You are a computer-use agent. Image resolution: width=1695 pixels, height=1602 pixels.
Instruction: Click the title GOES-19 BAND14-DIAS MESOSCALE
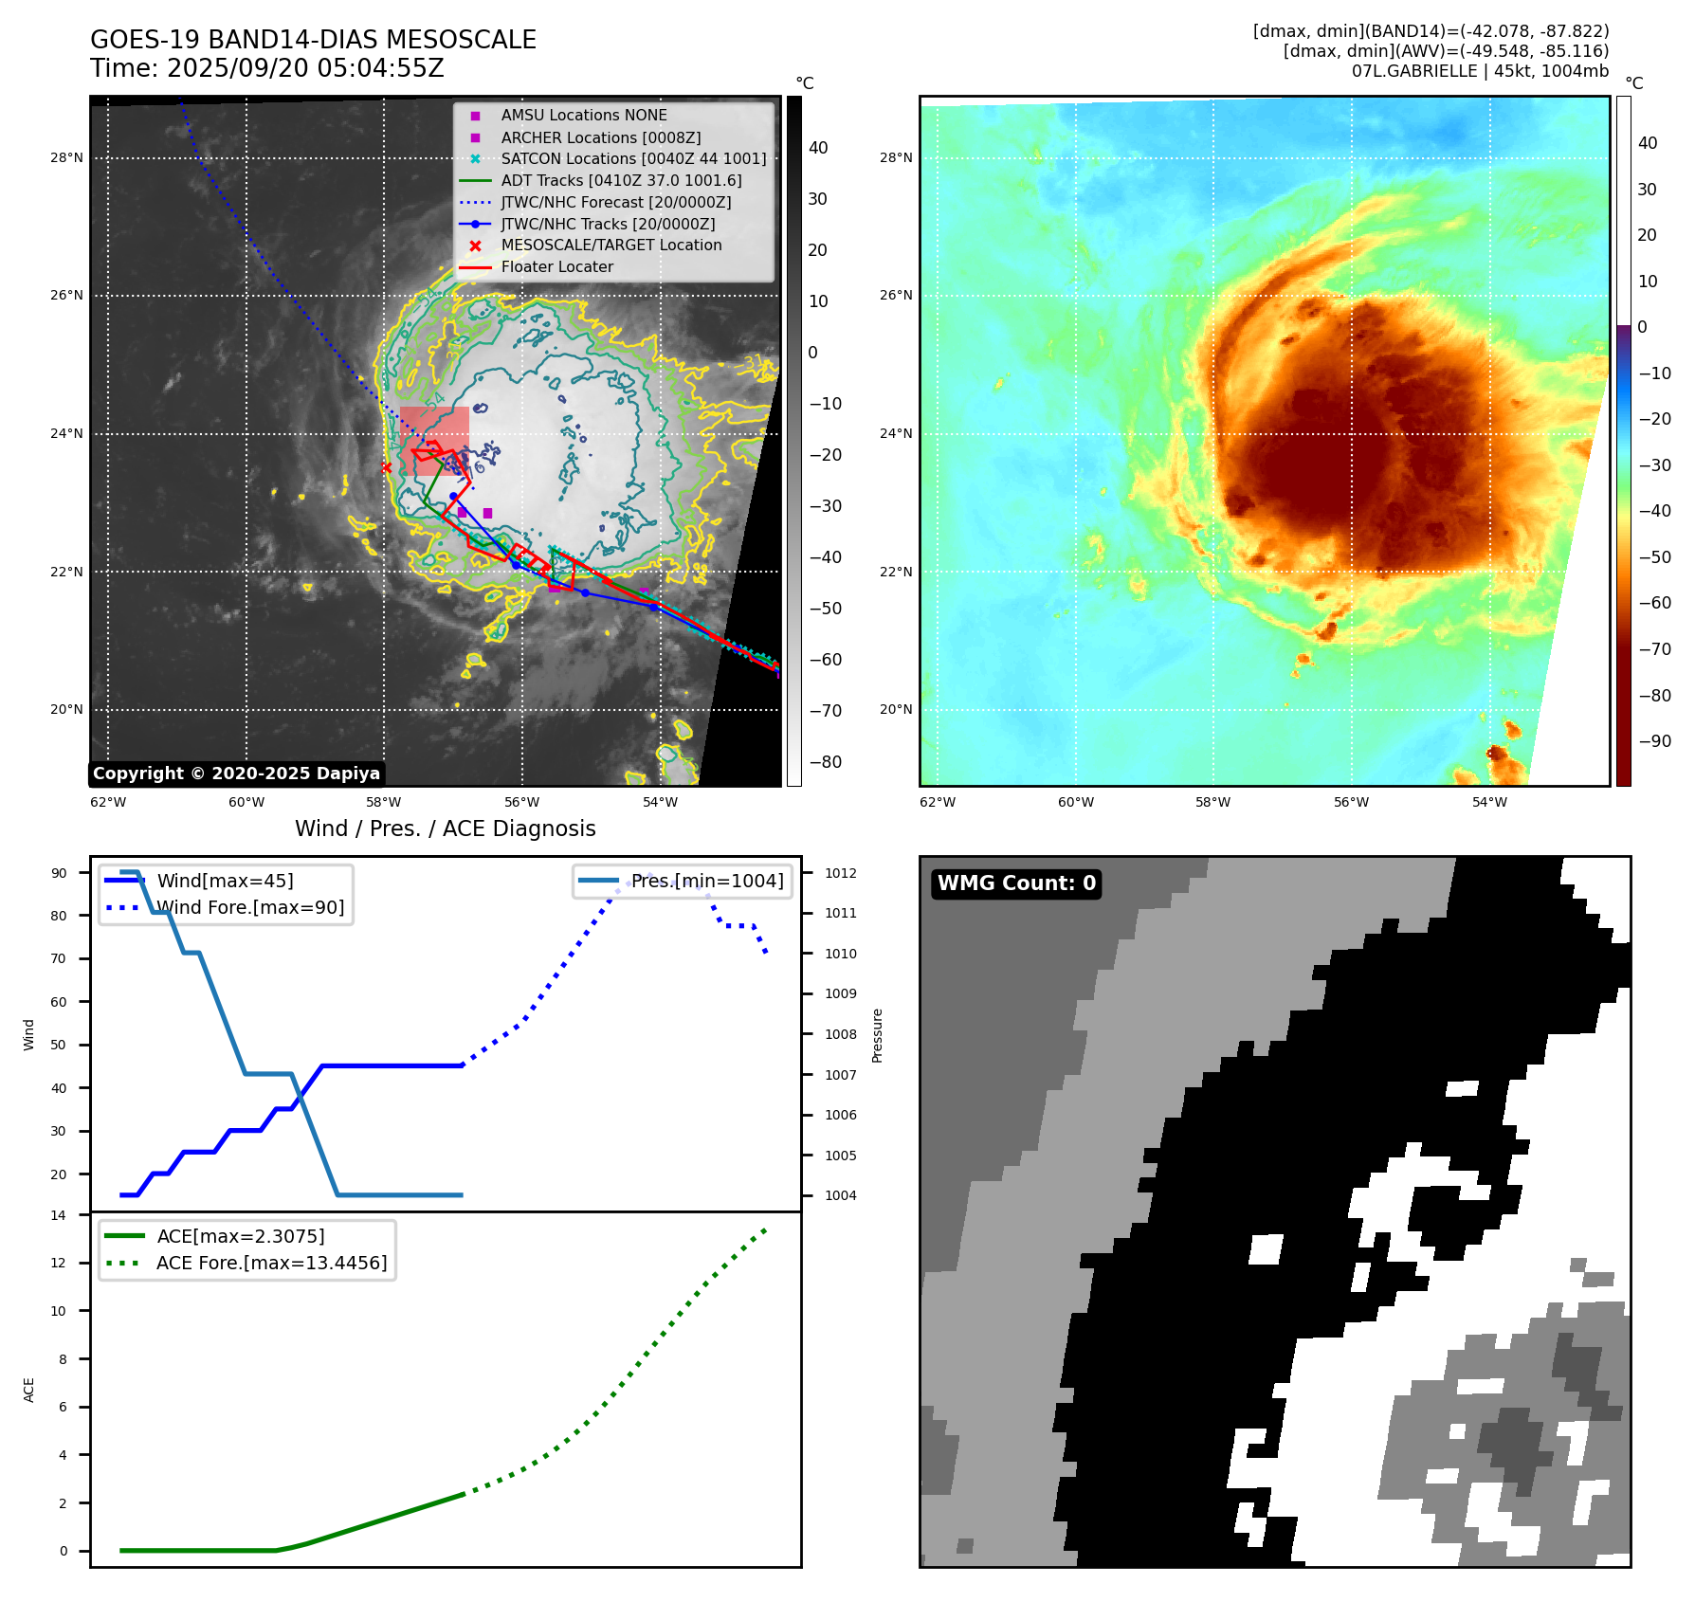[313, 40]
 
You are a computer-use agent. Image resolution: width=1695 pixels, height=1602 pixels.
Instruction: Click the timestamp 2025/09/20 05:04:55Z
[304, 68]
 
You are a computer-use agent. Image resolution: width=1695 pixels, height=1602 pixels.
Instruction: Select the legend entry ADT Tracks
[621, 180]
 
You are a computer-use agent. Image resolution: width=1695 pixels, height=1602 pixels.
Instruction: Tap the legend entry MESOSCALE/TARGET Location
[611, 245]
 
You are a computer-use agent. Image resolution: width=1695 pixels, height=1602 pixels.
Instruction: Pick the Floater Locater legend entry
[556, 266]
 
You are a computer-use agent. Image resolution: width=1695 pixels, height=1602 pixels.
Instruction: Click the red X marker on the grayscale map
[386, 467]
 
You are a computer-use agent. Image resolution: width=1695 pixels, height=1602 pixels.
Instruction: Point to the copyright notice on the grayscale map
[236, 774]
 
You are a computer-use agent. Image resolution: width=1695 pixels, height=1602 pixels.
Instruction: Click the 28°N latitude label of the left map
[66, 158]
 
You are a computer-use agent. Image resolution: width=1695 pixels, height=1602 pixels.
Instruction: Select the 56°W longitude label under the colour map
[1351, 802]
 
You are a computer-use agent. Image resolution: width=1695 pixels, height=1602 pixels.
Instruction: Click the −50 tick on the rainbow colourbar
[1654, 556]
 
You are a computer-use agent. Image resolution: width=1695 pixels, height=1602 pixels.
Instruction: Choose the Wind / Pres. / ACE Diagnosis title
[446, 828]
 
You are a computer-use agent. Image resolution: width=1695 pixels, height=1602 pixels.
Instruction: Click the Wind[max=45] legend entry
[225, 881]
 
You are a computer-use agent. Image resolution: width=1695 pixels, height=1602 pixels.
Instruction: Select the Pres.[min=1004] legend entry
[707, 881]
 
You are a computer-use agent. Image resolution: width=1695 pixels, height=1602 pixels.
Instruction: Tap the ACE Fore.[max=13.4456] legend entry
[271, 1263]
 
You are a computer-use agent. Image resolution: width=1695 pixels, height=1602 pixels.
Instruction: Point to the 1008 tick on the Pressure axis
[840, 1034]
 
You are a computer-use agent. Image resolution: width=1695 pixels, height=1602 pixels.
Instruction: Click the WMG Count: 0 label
[1016, 883]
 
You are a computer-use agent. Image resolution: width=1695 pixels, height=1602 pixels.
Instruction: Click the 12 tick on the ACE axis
[59, 1263]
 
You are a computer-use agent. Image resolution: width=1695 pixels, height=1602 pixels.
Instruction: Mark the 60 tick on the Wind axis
[59, 1002]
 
